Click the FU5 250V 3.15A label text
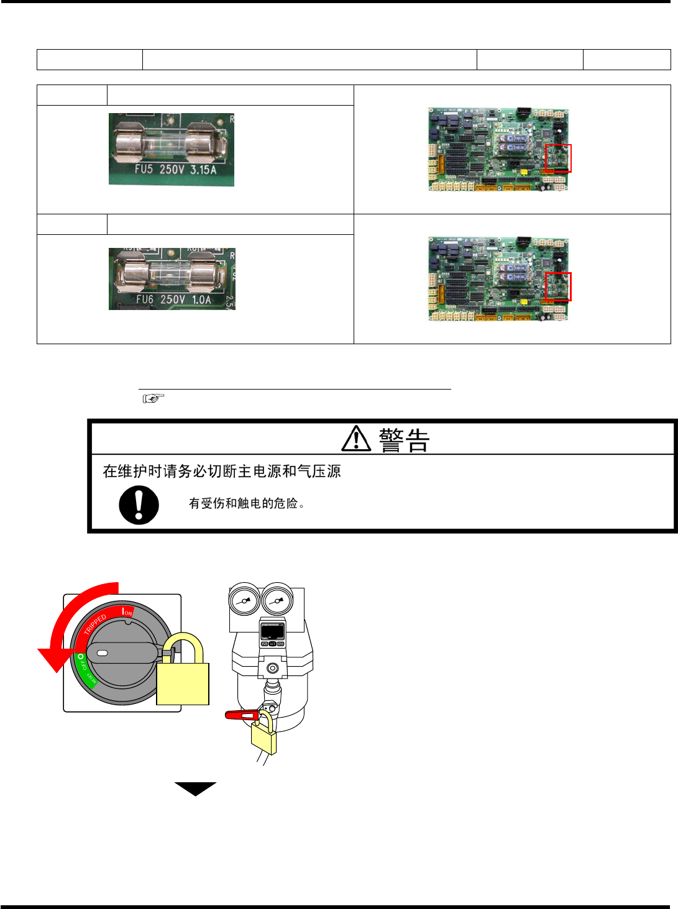175,169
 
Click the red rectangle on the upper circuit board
558,158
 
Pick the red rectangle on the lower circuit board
558,286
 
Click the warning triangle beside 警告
356,439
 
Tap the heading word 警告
404,440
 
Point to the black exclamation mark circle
139,505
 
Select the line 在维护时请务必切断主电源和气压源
222,471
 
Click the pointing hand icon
153,398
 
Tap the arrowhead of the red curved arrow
53,660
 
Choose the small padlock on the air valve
263,736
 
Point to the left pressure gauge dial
244,601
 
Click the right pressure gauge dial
277,601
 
